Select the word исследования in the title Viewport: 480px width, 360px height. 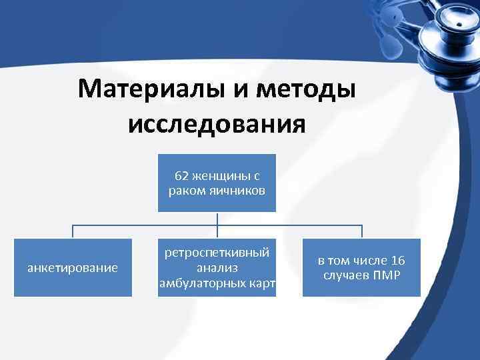[217, 124]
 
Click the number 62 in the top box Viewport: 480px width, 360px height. [181, 177]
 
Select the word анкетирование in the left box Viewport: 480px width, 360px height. [72, 268]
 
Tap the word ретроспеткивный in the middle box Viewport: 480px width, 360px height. [217, 253]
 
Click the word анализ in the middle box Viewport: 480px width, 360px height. [217, 268]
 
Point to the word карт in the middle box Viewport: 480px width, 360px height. [262, 283]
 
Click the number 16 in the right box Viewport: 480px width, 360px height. [398, 261]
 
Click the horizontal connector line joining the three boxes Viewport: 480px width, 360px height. [147, 225]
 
